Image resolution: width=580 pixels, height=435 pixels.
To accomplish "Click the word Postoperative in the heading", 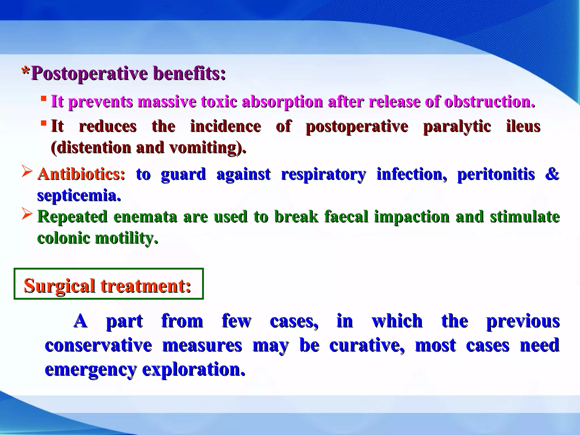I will click(x=89, y=74).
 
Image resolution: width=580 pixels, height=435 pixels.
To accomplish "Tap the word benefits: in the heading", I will click(x=189, y=74).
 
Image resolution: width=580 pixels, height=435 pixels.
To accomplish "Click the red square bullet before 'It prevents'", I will click(x=43, y=99).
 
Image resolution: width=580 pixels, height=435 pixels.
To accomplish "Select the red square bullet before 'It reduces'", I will click(x=43, y=123).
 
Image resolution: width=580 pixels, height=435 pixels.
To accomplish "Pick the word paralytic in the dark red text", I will click(x=457, y=126).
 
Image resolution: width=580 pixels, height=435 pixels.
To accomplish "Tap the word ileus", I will click(x=523, y=126).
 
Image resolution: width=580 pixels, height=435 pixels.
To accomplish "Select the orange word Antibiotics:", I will click(x=81, y=174).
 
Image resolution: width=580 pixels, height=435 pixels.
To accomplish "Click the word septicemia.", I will click(x=79, y=195).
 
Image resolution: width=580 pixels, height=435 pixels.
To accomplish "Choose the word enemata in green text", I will click(x=145, y=217).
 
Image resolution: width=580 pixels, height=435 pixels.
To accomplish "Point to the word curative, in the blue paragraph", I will click(x=367, y=346).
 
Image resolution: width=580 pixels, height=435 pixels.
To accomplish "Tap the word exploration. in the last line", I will click(x=194, y=369).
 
